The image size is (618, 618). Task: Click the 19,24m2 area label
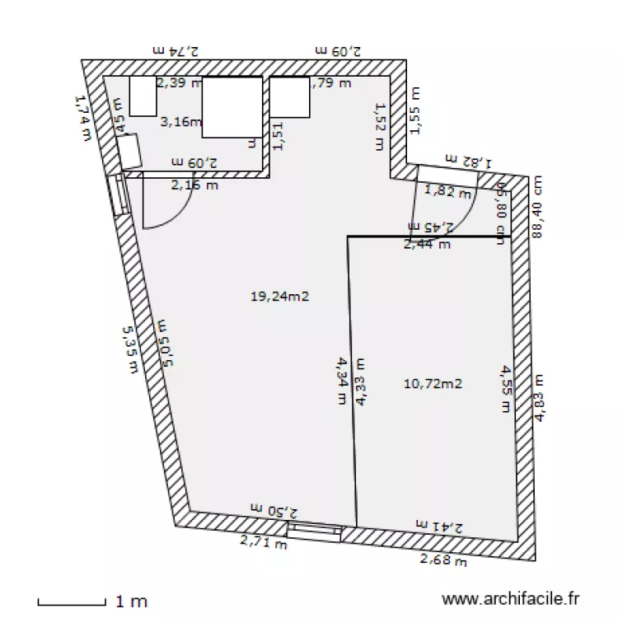(279, 297)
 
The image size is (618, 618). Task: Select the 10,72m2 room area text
(433, 383)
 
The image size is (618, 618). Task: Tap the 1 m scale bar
(72, 602)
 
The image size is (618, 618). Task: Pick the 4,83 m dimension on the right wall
(541, 397)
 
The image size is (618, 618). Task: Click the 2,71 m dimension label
(264, 541)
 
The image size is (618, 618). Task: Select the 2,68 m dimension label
(443, 561)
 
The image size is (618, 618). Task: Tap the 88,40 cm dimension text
(538, 206)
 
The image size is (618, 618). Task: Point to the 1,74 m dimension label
(82, 116)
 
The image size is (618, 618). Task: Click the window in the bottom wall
(314, 531)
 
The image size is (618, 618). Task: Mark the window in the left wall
(119, 194)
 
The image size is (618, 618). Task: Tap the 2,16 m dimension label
(194, 186)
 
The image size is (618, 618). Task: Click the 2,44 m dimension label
(427, 243)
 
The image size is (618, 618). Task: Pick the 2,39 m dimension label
(179, 82)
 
